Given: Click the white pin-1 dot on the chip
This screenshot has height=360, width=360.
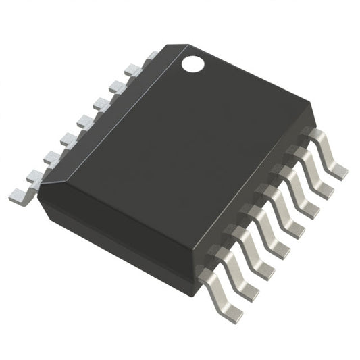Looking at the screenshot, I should [192, 64].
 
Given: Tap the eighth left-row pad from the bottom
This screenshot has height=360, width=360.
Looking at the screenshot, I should [132, 68].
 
